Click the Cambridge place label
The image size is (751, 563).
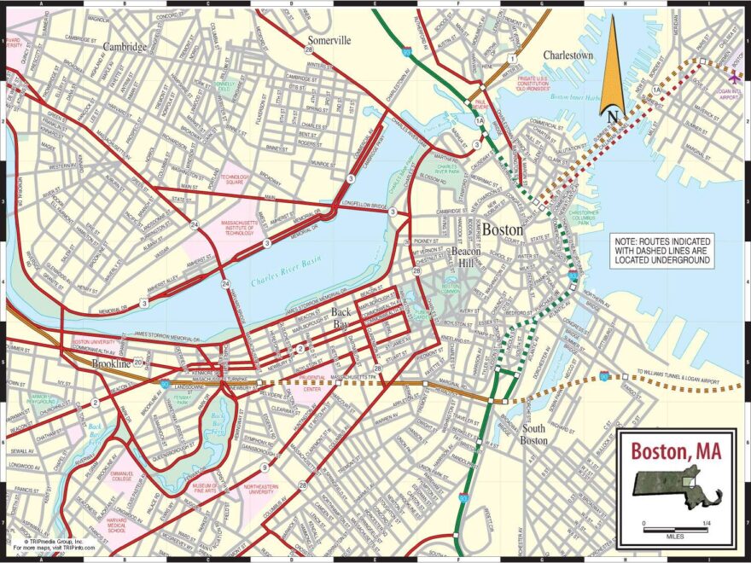tap(125, 47)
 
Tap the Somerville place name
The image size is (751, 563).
tap(329, 40)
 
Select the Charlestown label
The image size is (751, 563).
tap(568, 55)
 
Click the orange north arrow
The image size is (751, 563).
tap(612, 73)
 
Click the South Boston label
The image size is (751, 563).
tap(534, 434)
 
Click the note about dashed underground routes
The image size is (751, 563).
tap(662, 252)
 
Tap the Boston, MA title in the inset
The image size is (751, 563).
tap(676, 450)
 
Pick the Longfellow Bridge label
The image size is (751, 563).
tap(364, 205)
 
